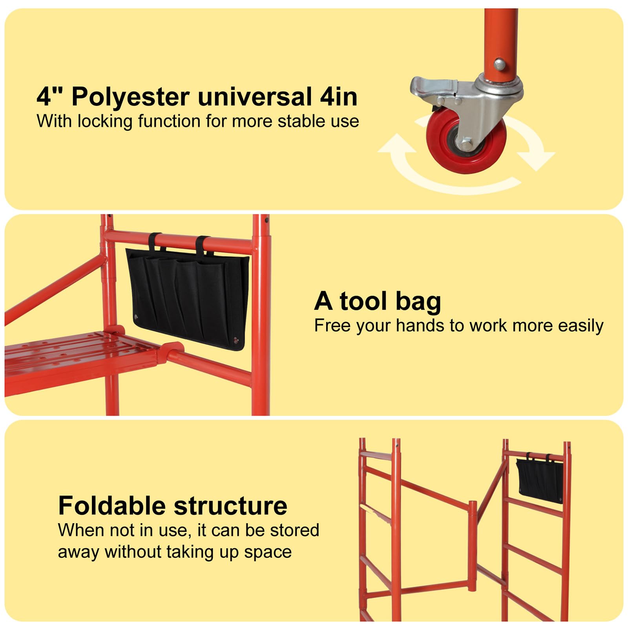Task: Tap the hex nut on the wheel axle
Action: coord(466,144)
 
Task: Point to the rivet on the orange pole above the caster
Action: coord(499,64)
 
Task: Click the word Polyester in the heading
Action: coord(131,97)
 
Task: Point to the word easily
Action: coord(581,326)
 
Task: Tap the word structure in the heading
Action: coord(231,506)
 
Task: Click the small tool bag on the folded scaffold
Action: coord(540,480)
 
